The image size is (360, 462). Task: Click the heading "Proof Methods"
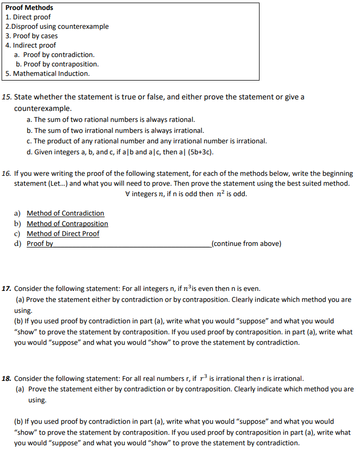[x=29, y=8]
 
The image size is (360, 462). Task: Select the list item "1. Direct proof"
[x=28, y=17]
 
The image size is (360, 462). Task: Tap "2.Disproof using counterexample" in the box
[x=57, y=27]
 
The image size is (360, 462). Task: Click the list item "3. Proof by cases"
[x=31, y=36]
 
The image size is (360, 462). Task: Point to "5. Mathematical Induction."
[x=48, y=74]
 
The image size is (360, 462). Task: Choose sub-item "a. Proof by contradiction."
[x=54, y=55]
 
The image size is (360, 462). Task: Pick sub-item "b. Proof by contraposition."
[x=57, y=64]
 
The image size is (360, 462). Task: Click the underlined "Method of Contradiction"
[x=65, y=213]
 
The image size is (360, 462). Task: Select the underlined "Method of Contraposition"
[x=67, y=224]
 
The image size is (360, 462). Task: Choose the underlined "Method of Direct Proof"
[x=63, y=234]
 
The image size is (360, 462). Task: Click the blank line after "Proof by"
[x=131, y=244]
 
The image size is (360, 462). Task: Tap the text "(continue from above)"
[x=245, y=244]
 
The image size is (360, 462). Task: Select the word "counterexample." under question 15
[x=43, y=109]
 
